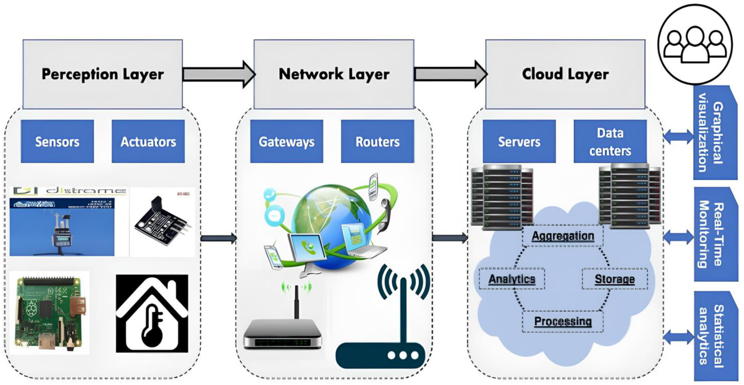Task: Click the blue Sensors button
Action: (x=57, y=142)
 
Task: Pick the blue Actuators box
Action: (x=148, y=142)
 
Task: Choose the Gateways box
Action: (x=287, y=142)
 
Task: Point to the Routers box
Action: (x=377, y=142)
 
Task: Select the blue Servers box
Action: (x=519, y=142)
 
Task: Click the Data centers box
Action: (x=610, y=142)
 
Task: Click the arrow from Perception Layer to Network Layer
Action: (x=219, y=74)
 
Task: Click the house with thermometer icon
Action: (x=152, y=314)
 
